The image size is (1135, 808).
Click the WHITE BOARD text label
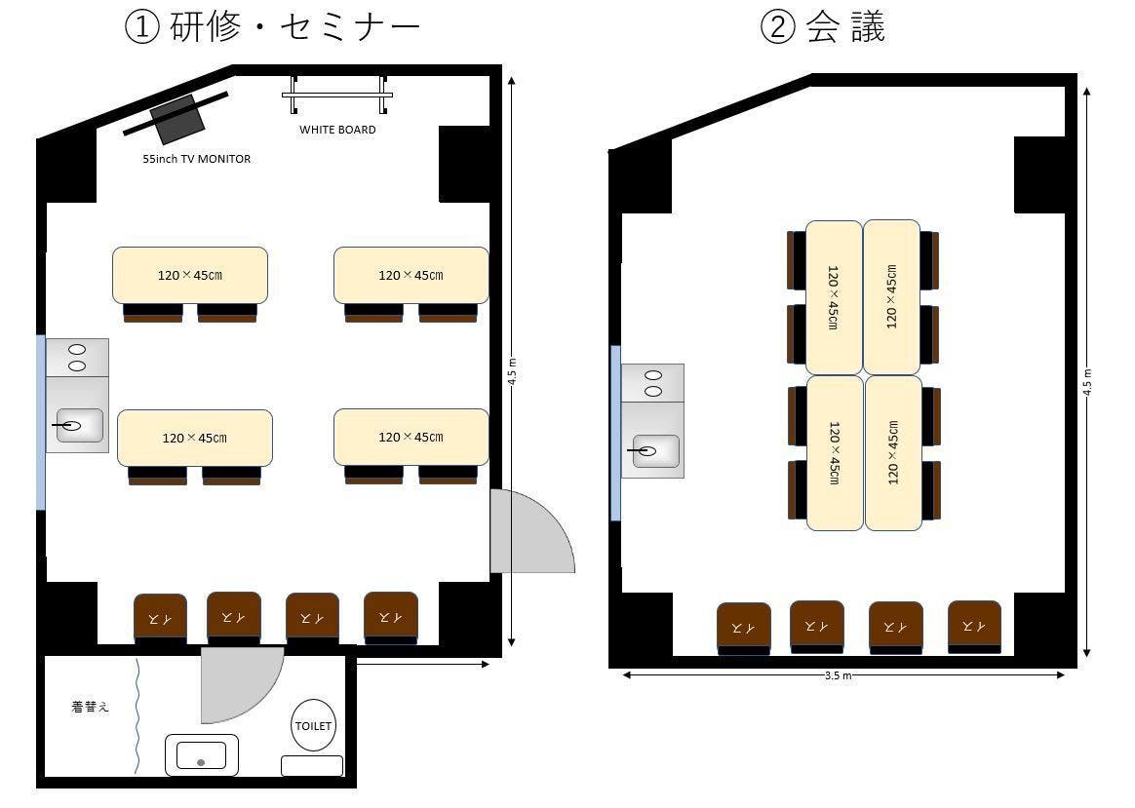[337, 130]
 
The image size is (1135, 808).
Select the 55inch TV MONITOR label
[197, 159]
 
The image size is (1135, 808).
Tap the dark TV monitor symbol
[177, 119]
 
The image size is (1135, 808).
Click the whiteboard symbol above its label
[337, 96]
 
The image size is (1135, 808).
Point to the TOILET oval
[313, 725]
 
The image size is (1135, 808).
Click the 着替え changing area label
[90, 708]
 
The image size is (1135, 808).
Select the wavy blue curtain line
[138, 716]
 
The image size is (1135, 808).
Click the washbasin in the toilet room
[201, 755]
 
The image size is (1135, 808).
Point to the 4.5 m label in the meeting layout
[1087, 380]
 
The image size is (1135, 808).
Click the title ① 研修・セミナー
[272, 27]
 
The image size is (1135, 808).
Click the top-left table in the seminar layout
[190, 275]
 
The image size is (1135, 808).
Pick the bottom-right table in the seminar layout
[411, 437]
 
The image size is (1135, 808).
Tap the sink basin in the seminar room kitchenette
[79, 425]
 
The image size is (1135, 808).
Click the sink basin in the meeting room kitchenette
[655, 450]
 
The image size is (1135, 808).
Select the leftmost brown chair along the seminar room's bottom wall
[160, 617]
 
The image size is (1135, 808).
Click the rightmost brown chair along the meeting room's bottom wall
[974, 626]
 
